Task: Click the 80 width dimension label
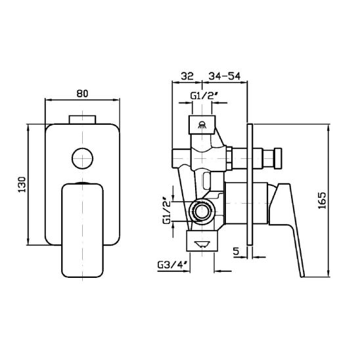(x=82, y=93)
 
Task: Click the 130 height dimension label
(x=22, y=185)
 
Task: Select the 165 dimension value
(x=323, y=200)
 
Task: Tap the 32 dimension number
(x=187, y=76)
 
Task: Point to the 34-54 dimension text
(x=224, y=76)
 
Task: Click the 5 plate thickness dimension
(x=236, y=251)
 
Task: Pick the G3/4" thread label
(x=173, y=265)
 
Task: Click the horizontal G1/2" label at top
(x=204, y=96)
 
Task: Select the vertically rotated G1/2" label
(x=167, y=210)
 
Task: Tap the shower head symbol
(x=202, y=125)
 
